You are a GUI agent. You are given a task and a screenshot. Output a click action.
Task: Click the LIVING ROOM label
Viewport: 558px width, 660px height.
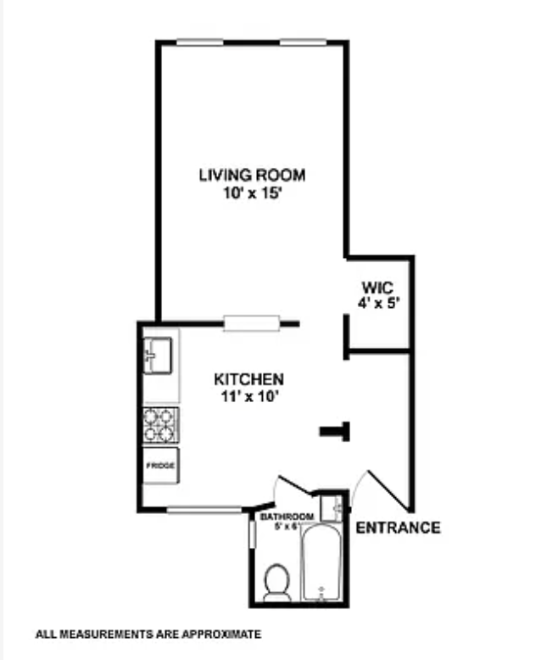click(x=252, y=176)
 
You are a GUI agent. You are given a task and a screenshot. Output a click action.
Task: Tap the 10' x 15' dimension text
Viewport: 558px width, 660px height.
click(x=252, y=193)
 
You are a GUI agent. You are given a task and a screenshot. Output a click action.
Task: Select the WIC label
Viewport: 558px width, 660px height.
click(x=377, y=286)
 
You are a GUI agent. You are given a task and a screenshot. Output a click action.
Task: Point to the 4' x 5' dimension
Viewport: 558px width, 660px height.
click(x=377, y=302)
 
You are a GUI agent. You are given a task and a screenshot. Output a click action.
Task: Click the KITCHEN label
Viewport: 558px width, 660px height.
click(x=248, y=379)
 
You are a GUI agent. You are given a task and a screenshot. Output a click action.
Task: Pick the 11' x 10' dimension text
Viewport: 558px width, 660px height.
click(x=248, y=395)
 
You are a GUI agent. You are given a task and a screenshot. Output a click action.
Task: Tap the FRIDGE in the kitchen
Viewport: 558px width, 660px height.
click(x=160, y=466)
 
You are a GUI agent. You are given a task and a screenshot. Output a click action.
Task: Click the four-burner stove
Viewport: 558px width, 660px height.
click(x=160, y=424)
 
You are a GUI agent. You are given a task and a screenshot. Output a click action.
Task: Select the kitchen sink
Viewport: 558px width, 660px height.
click(x=159, y=355)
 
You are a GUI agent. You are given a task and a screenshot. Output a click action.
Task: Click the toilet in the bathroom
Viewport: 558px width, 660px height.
click(x=276, y=582)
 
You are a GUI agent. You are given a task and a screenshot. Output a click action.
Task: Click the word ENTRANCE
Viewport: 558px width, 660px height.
click(x=398, y=528)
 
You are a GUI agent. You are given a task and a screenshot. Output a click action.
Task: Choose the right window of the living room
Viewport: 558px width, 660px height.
click(x=304, y=41)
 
